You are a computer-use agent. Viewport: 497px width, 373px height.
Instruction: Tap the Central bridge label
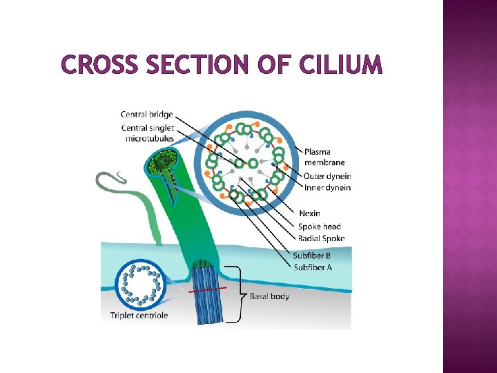tap(147, 114)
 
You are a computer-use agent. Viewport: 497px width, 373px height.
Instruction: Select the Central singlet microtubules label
tap(147, 133)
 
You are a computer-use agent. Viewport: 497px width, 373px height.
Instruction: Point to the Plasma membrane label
tap(318, 157)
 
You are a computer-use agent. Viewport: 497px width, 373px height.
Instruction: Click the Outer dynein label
tap(327, 176)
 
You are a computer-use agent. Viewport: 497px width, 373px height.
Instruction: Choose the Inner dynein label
tap(327, 187)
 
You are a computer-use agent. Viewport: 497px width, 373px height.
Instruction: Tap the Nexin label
tap(309, 214)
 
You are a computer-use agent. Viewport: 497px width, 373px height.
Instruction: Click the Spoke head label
tap(319, 227)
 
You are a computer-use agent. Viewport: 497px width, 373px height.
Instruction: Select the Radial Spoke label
tap(321, 238)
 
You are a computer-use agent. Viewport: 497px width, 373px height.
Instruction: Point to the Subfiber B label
tap(313, 256)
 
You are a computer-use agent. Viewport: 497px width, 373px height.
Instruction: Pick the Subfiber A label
tap(313, 267)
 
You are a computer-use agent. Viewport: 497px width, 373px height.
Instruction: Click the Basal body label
tap(269, 296)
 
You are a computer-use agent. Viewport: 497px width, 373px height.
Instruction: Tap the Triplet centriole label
tap(139, 316)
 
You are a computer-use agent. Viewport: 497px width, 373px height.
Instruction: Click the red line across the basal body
tap(207, 291)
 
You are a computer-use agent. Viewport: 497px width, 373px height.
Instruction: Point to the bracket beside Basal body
tap(238, 296)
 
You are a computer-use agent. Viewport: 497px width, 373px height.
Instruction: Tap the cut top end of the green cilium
tap(163, 164)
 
